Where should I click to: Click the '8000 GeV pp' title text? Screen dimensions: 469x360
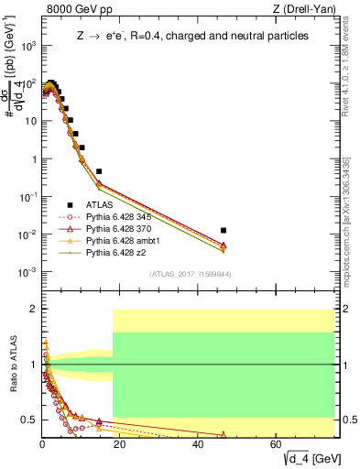click(x=74, y=10)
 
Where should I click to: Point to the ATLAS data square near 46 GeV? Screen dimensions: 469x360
click(x=224, y=231)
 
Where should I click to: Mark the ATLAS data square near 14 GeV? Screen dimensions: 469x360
click(x=99, y=171)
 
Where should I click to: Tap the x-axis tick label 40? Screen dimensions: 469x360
click(x=199, y=444)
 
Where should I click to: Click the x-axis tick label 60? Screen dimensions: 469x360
click(x=277, y=444)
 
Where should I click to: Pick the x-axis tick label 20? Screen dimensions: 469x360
click(x=120, y=444)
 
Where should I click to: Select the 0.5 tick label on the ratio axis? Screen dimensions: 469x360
click(x=29, y=420)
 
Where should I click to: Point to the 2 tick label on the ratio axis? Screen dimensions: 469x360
click(x=33, y=310)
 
